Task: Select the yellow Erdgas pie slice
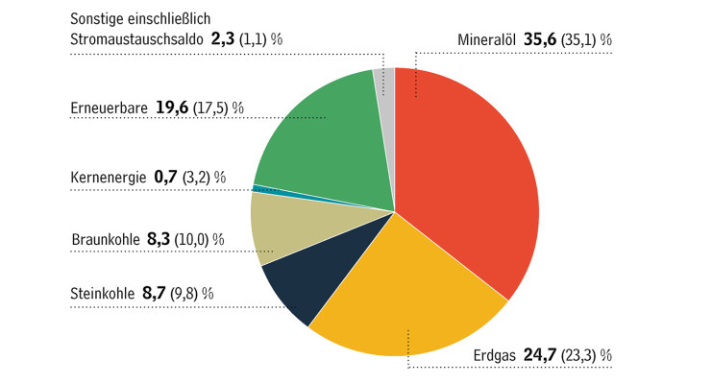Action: coord(404,298)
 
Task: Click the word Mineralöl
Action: coord(488,40)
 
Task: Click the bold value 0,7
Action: coord(165,178)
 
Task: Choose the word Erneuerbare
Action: coord(110,108)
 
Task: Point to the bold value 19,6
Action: coord(174,108)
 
